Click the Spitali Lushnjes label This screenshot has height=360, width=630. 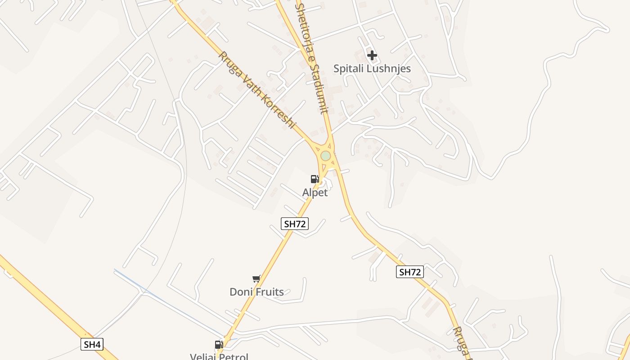point(372,68)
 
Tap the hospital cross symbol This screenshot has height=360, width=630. point(372,55)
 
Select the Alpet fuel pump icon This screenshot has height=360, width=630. point(315,179)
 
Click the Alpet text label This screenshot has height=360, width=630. point(315,193)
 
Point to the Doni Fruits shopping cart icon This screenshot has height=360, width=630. point(256,279)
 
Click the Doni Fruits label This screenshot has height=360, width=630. point(256,292)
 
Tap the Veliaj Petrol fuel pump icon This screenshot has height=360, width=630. point(219,345)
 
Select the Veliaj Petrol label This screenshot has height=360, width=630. point(219,356)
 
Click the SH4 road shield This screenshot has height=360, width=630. point(92,345)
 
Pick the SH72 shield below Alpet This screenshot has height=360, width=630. point(295,224)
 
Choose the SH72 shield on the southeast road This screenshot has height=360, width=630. point(410,272)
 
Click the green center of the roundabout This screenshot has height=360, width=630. point(325,156)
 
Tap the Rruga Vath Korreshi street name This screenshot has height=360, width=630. point(257,90)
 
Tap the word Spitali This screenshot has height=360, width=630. point(347,68)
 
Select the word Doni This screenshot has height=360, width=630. point(240,292)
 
